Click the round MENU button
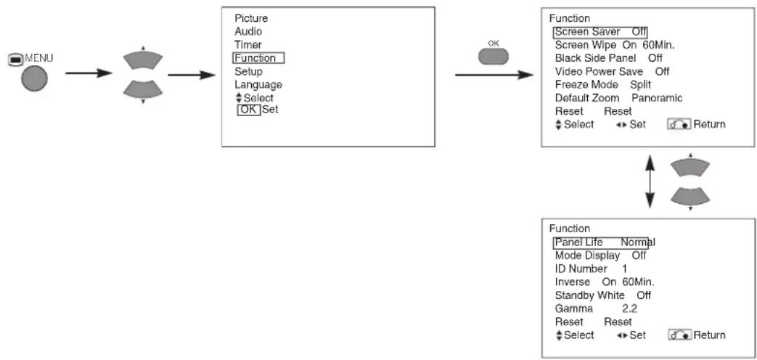coord(34,78)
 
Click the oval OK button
coord(493,57)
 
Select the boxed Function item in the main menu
coord(258,58)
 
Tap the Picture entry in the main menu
coord(251,18)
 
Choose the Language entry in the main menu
coord(258,84)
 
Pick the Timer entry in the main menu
coord(248,45)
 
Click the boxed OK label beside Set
coord(249,110)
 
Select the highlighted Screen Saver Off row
coord(600,32)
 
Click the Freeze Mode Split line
coord(603,84)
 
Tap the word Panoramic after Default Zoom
coord(657,98)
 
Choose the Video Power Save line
coord(612,71)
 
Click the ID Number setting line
coord(591,269)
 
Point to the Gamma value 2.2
coord(629,308)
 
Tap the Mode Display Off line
coord(600,255)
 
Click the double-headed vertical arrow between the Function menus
coord(650,181)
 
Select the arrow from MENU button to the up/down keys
coord(89,73)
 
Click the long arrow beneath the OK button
coord(494,75)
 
